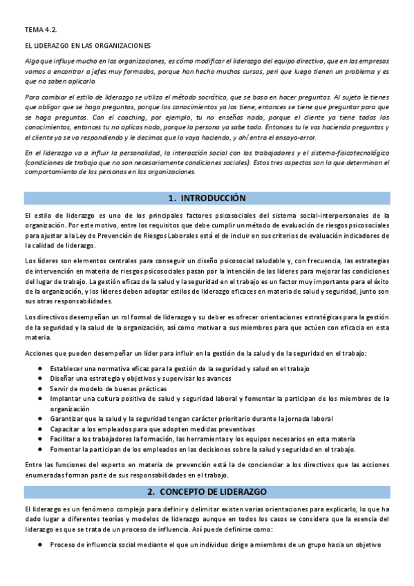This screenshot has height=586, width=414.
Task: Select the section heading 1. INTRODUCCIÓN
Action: click(x=207, y=198)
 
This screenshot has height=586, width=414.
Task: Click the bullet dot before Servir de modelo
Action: click(x=43, y=388)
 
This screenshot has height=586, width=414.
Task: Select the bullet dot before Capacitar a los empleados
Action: click(x=43, y=428)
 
